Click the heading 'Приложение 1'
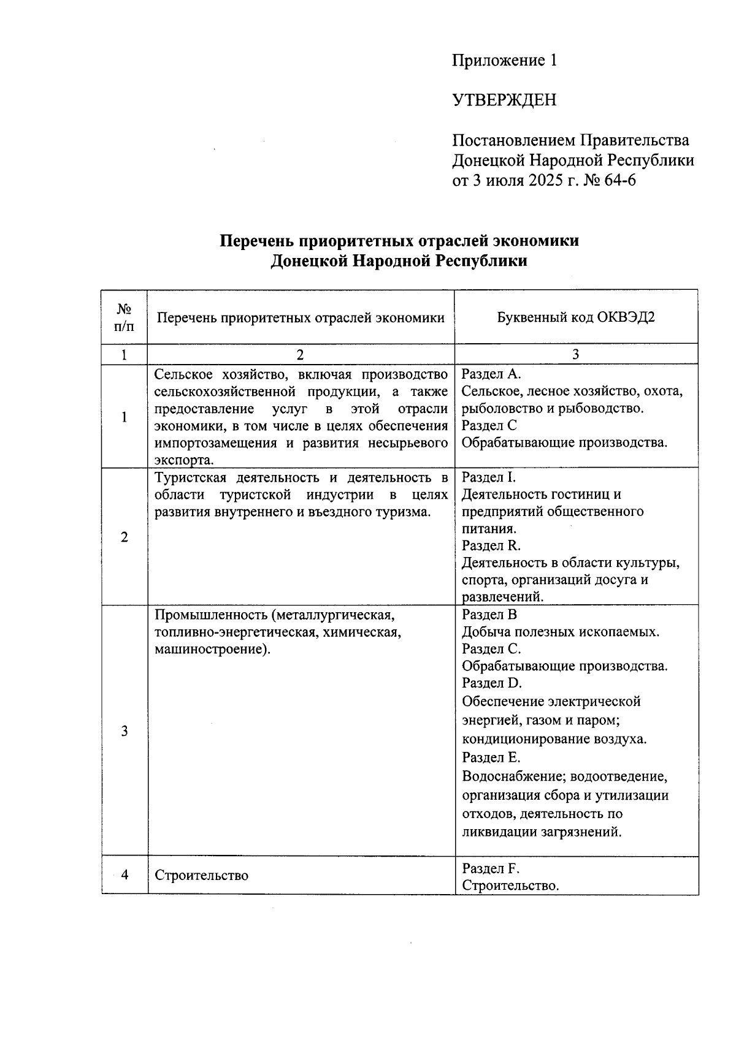point(504,61)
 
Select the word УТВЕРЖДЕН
point(504,100)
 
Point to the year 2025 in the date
point(544,181)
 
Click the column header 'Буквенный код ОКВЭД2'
point(575,317)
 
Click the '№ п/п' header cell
point(125,317)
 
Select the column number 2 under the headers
point(300,354)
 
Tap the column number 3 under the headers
point(575,354)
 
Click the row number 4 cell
point(125,874)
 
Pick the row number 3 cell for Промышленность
point(125,730)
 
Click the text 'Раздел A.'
point(491,374)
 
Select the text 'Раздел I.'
point(489,477)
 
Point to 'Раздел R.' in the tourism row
point(491,545)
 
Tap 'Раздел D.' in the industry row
point(491,683)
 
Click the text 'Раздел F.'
point(491,868)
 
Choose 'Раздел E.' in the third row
point(491,757)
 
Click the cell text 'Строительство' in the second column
point(201,875)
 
